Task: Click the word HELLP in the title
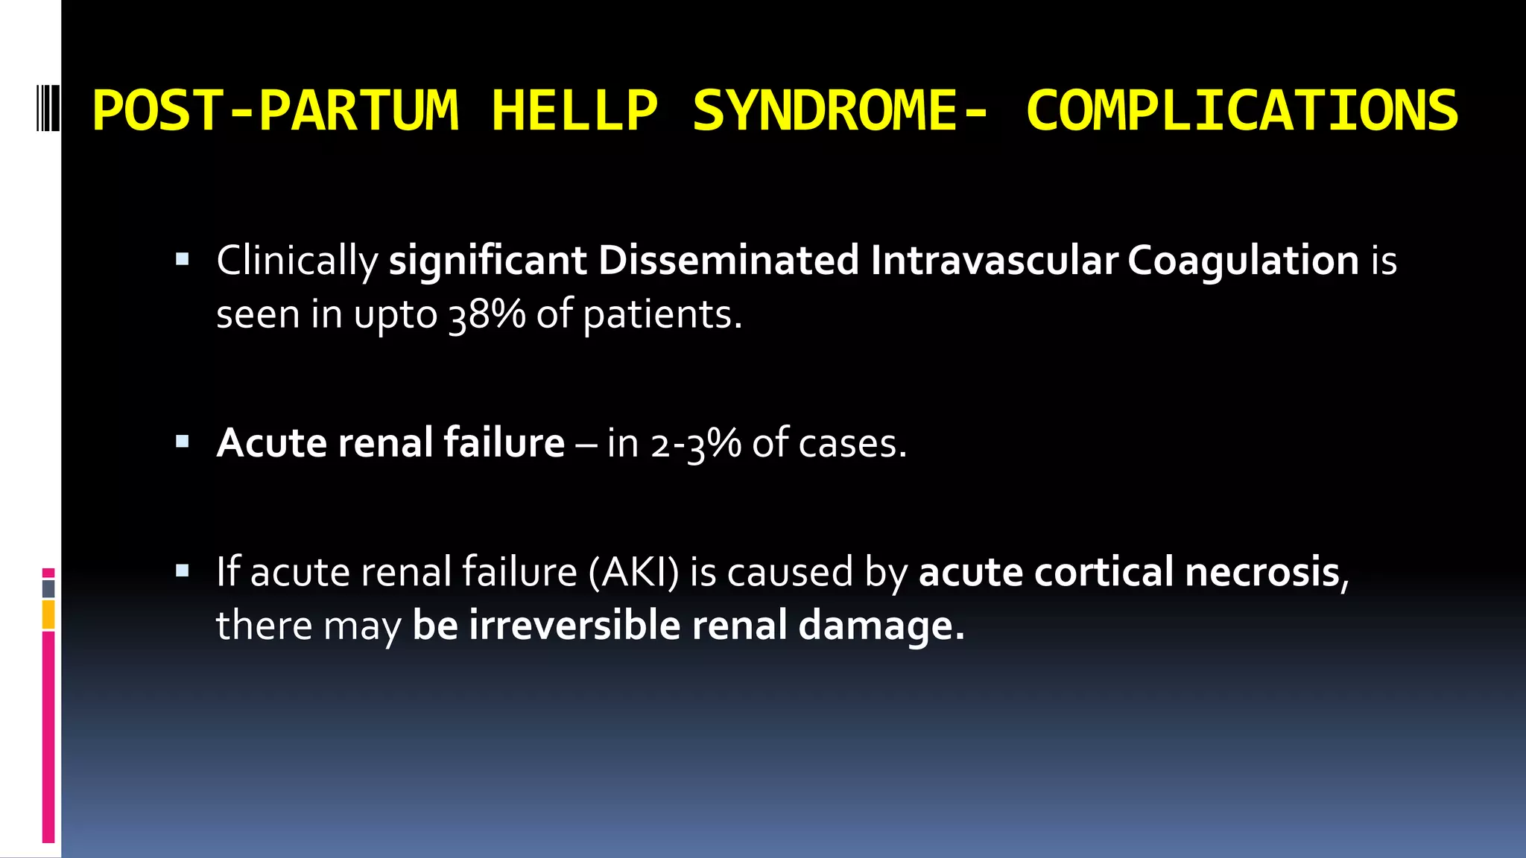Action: pyautogui.click(x=574, y=111)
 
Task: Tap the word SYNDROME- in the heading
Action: pyautogui.click(x=840, y=111)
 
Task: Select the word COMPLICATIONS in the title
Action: pyautogui.click(x=1241, y=111)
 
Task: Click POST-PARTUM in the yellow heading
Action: pyautogui.click(x=275, y=111)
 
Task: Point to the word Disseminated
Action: pyautogui.click(x=728, y=261)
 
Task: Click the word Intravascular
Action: pyautogui.click(x=993, y=261)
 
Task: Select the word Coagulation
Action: pyautogui.click(x=1243, y=261)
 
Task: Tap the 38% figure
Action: pyautogui.click(x=487, y=314)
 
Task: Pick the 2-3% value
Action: pyautogui.click(x=695, y=444)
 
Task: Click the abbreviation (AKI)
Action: pyautogui.click(x=633, y=572)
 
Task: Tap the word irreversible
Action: pyautogui.click(x=574, y=625)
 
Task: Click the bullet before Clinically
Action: pyautogui.click(x=183, y=260)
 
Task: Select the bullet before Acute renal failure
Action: pyautogui.click(x=183, y=442)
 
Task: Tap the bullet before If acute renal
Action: pyautogui.click(x=183, y=571)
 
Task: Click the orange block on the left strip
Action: pyautogui.click(x=48, y=615)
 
